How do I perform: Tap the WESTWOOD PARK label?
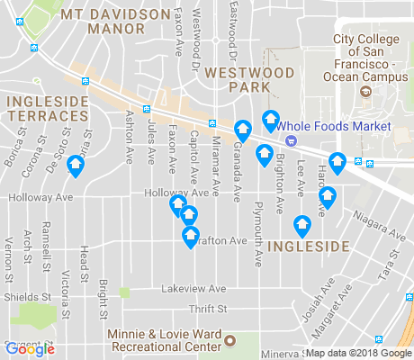tap(237, 79)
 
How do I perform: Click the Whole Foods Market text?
tap(335, 127)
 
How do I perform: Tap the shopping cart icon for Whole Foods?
tap(290, 140)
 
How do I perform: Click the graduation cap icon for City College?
tap(365, 92)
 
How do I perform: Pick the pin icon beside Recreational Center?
tap(229, 341)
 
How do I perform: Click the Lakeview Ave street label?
tap(193, 289)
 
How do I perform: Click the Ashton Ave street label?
tap(130, 136)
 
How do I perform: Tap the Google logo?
tap(29, 348)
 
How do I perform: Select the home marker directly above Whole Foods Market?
tap(269, 120)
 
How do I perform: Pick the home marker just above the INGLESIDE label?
tap(302, 225)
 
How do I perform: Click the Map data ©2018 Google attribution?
tap(358, 352)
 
